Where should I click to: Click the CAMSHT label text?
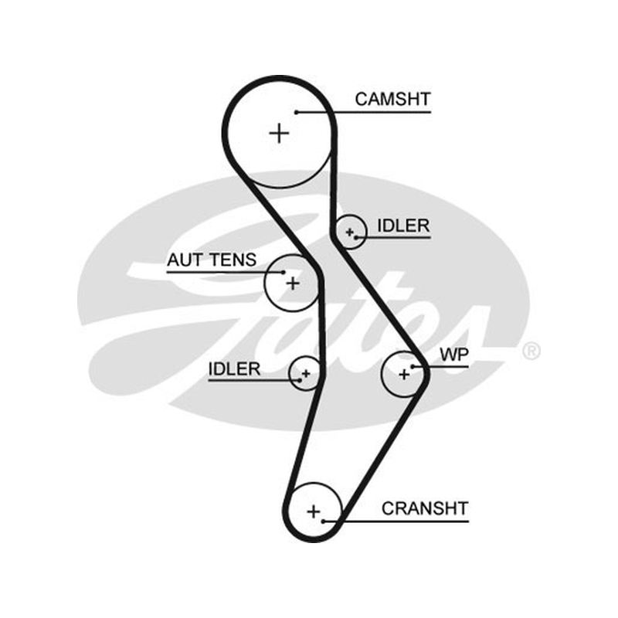tap(392, 99)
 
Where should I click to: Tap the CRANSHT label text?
tap(425, 508)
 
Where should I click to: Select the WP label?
tap(454, 355)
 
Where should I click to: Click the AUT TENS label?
tap(212, 260)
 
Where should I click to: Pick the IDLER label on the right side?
tap(403, 226)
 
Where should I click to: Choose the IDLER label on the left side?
tap(234, 369)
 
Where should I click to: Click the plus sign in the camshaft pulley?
tap(279, 133)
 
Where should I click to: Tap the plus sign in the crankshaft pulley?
tap(314, 511)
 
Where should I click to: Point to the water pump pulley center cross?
tap(404, 374)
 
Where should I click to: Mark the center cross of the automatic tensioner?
tap(293, 284)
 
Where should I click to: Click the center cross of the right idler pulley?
tap(349, 233)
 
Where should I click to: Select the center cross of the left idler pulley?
tap(306, 373)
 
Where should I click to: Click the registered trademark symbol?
tap(531, 351)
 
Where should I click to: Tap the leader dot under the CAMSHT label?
tap(297, 112)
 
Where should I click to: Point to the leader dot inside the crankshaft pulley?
tap(323, 521)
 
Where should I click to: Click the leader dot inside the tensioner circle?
tap(283, 272)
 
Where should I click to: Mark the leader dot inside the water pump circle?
tap(413, 367)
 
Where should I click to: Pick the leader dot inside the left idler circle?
tap(300, 380)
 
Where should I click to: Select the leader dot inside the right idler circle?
tap(356, 238)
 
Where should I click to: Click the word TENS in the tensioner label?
tap(233, 260)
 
